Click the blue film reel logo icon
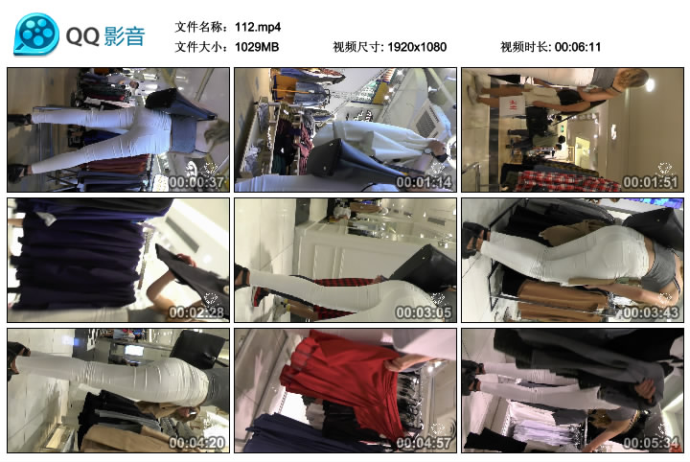36,35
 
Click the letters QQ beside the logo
82,35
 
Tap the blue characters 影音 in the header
125,35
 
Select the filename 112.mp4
258,27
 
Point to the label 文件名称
199,27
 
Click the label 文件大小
199,47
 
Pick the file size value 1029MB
257,47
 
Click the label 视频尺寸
356,47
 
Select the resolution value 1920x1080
417,47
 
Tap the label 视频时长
524,47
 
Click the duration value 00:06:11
578,47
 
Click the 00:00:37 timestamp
196,182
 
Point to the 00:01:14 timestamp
424,182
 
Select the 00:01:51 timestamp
651,182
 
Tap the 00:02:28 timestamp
196,312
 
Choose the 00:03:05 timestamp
424,312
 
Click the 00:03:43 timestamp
651,312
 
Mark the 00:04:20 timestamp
196,442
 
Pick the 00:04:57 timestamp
424,442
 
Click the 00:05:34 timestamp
651,442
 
